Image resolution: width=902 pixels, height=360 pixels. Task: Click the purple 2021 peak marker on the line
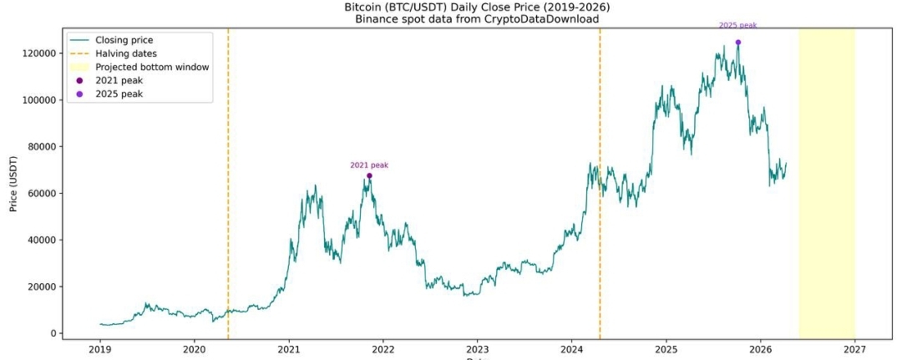369,175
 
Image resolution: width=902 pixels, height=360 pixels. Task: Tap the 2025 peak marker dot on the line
737,42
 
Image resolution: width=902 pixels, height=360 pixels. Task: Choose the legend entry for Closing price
124,39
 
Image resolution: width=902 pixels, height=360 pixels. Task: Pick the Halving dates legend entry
125,53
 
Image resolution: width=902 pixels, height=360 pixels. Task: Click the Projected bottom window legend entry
151,67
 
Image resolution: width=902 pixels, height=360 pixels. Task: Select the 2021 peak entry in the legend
119,80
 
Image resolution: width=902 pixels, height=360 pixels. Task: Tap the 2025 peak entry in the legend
119,94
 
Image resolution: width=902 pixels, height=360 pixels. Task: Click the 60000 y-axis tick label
39,193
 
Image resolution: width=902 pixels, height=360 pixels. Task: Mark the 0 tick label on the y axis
52,333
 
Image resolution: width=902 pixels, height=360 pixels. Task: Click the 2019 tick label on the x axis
100,349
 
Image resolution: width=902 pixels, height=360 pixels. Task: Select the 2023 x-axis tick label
477,349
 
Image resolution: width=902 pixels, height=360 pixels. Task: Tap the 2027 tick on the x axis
854,349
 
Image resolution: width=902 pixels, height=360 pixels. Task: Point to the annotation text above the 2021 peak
369,165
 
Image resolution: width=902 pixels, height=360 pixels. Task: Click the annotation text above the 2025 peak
737,25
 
